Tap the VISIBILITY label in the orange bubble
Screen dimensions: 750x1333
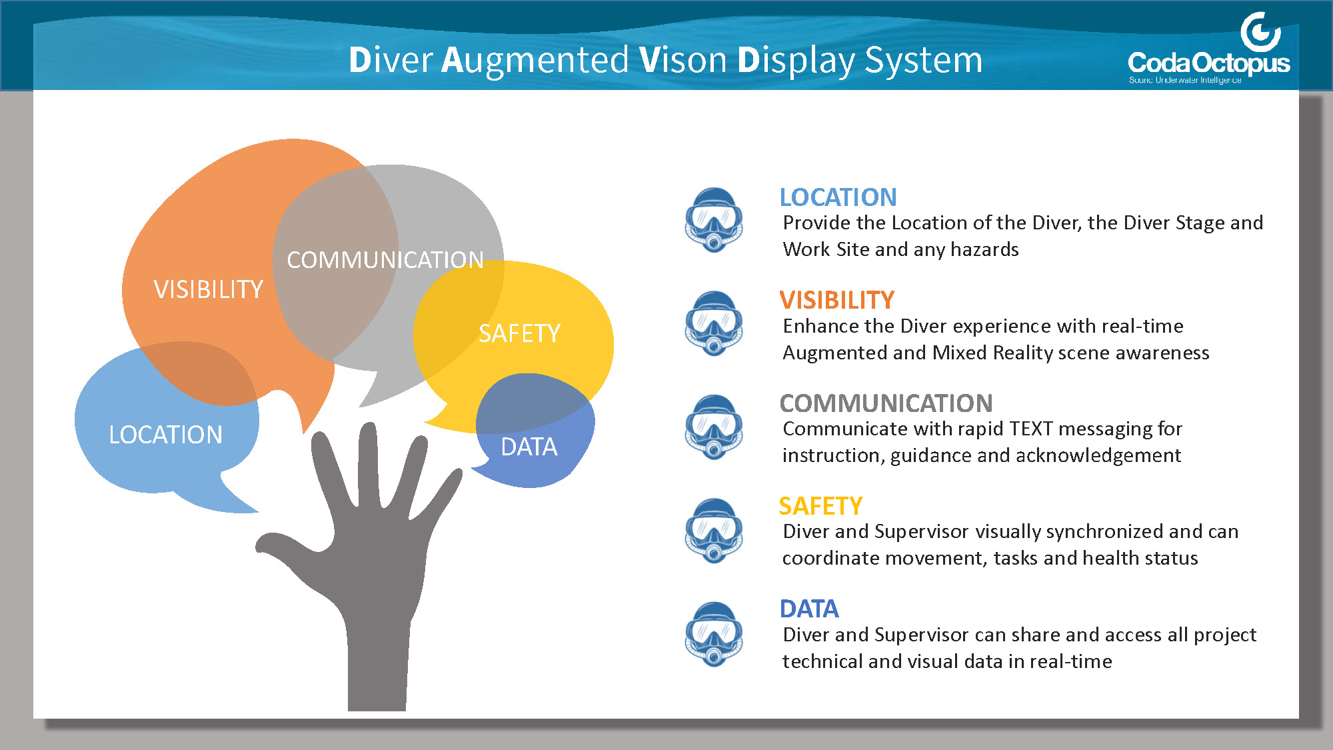pyautogui.click(x=209, y=289)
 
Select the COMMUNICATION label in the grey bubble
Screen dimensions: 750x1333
pyautogui.click(x=385, y=259)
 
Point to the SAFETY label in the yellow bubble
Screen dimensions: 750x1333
pyautogui.click(x=519, y=333)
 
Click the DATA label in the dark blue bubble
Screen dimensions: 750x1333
pyautogui.click(x=529, y=447)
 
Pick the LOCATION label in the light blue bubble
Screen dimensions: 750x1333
pyautogui.click(x=165, y=435)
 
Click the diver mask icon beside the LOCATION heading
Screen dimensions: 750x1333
pyautogui.click(x=714, y=220)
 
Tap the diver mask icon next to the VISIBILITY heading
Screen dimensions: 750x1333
pyautogui.click(x=714, y=323)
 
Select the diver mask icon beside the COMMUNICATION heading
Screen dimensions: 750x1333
pyautogui.click(x=714, y=427)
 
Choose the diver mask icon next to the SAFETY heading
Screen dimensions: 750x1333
pyautogui.click(x=714, y=531)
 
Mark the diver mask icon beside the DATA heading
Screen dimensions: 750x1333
pyautogui.click(x=714, y=634)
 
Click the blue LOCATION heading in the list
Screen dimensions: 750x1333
pyautogui.click(x=838, y=197)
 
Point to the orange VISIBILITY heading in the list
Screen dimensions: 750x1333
pyautogui.click(x=836, y=300)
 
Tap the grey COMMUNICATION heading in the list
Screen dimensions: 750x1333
pyautogui.click(x=886, y=403)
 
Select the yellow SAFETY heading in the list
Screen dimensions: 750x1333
pyautogui.click(x=820, y=506)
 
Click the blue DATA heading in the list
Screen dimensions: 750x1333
pyautogui.click(x=809, y=609)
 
